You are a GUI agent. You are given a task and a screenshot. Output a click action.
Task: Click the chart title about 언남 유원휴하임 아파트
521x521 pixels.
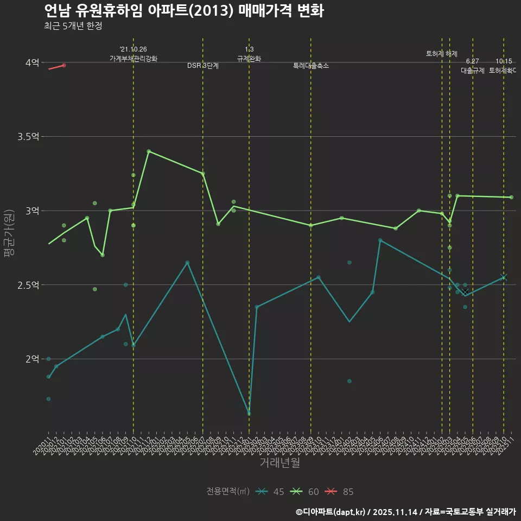point(183,11)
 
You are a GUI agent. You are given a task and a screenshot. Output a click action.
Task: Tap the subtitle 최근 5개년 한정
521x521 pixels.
point(73,26)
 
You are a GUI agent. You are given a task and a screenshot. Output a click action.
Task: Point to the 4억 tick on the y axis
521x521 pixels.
point(31,62)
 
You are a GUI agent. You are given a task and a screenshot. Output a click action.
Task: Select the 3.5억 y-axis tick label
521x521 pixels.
point(28,136)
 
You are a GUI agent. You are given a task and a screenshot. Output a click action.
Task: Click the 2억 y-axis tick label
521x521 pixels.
point(31,359)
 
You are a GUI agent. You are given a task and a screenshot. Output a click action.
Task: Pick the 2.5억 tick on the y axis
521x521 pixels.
point(28,285)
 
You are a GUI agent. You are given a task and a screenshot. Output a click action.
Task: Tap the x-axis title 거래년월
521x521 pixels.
point(279,463)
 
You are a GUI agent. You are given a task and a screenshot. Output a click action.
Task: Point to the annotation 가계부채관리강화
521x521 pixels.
point(133,59)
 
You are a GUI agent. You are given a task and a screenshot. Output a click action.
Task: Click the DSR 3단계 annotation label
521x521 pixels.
point(203,66)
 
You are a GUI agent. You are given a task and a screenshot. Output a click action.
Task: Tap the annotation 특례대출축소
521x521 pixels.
point(310,66)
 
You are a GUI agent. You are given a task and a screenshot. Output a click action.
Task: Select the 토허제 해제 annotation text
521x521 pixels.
point(442,54)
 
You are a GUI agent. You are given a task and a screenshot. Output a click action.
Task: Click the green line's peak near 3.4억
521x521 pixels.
point(149,151)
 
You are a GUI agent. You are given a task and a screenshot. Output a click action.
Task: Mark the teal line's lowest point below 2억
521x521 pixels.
point(249,414)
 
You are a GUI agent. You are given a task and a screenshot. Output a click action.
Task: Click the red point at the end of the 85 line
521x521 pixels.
point(64,65)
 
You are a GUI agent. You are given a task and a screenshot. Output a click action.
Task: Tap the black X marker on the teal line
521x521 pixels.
point(465,292)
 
